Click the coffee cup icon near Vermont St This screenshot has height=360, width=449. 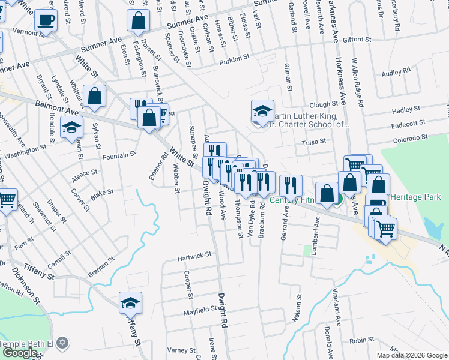pyautogui.click(x=46, y=20)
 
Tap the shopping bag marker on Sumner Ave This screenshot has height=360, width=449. pyautogui.click(x=138, y=21)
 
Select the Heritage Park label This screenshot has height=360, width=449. pyautogui.click(x=415, y=197)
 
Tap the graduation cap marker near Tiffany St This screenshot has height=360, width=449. pyautogui.click(x=130, y=304)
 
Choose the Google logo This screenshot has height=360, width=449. pyautogui.click(x=20, y=353)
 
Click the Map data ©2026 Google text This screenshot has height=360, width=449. pyautogui.click(x=412, y=355)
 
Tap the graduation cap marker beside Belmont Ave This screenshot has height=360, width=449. pyautogui.click(x=71, y=127)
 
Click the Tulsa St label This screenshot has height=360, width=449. pyautogui.click(x=313, y=141)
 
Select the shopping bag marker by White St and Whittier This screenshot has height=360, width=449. pyautogui.click(x=94, y=96)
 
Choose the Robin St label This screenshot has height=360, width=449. pyautogui.click(x=361, y=340)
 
